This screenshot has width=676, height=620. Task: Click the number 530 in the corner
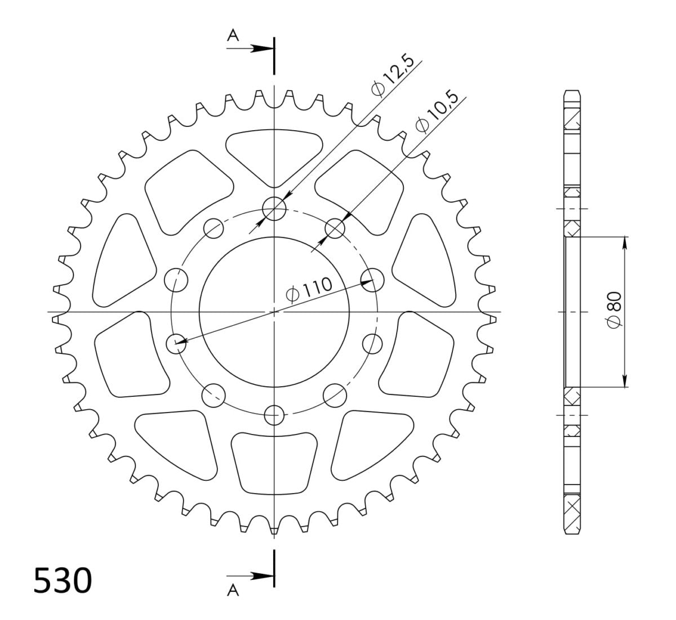[62, 581]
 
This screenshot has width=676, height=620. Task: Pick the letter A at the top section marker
[233, 36]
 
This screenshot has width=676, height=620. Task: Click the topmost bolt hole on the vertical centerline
[274, 208]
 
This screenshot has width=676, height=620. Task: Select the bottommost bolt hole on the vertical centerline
[274, 414]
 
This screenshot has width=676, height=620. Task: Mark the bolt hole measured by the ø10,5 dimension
[335, 228]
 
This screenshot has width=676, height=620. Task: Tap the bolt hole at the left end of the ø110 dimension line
[176, 342]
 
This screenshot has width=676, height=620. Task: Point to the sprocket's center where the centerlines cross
[274, 311]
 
